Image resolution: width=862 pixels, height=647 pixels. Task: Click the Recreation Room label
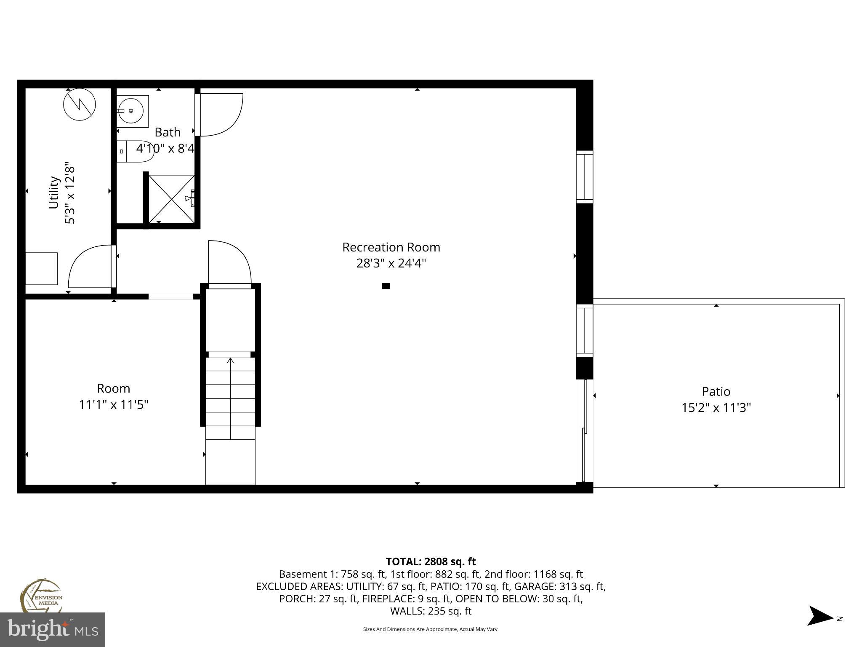pyautogui.click(x=391, y=247)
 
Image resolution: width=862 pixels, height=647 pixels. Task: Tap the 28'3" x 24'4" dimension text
pyautogui.click(x=391, y=264)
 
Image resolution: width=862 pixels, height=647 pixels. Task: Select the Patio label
pyautogui.click(x=716, y=392)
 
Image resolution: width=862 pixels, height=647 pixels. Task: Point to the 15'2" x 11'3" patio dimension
pyautogui.click(x=716, y=408)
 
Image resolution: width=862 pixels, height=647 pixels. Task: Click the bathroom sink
pyautogui.click(x=132, y=111)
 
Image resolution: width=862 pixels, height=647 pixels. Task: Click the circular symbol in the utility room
pyautogui.click(x=80, y=104)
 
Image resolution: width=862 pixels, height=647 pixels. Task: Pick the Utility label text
pyautogui.click(x=54, y=192)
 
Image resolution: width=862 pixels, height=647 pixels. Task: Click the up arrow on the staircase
pyautogui.click(x=230, y=361)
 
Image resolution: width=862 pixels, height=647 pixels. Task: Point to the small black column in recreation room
pyautogui.click(x=386, y=286)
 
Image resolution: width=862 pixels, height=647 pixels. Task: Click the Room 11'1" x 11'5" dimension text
pyautogui.click(x=114, y=405)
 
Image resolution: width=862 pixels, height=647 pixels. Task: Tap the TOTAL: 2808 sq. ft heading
pyautogui.click(x=431, y=561)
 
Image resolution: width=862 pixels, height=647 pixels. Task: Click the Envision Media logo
pyautogui.click(x=41, y=596)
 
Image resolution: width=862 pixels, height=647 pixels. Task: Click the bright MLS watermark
pyautogui.click(x=53, y=629)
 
